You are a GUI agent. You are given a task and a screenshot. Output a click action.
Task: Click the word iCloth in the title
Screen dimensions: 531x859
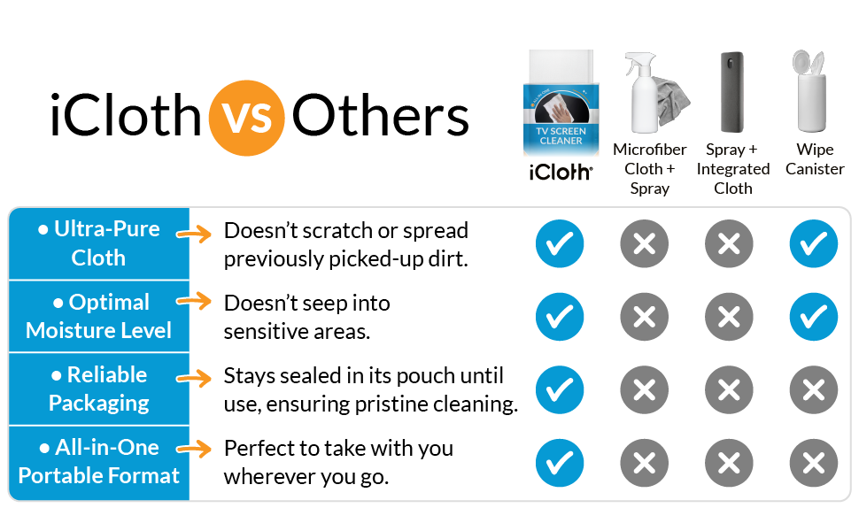[x=126, y=117]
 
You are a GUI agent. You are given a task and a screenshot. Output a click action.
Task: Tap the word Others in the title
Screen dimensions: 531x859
[x=381, y=117]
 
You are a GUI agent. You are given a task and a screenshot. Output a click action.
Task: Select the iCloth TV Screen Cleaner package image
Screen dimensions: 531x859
[x=560, y=102]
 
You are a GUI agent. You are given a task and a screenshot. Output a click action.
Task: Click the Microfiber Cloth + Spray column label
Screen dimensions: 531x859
[x=649, y=169]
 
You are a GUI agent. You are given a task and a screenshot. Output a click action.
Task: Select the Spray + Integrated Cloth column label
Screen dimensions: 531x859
[x=732, y=169]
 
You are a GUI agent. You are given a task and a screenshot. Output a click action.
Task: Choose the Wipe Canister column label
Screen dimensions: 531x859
[x=814, y=159]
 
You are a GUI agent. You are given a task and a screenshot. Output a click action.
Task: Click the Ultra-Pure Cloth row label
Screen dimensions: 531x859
[x=98, y=243]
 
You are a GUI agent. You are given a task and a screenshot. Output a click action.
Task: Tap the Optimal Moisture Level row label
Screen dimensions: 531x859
[x=98, y=316]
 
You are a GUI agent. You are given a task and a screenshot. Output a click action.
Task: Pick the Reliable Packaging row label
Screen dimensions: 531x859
[x=98, y=389]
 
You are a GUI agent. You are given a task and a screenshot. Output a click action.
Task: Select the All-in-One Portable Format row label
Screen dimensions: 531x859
[x=98, y=461]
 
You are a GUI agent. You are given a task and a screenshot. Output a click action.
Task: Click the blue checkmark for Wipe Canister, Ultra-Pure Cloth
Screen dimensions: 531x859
[x=813, y=243]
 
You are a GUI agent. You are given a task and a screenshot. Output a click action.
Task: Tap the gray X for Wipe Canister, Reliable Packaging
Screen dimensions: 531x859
[x=813, y=389]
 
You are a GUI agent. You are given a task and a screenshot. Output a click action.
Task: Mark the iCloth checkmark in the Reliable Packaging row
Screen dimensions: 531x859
[x=560, y=389]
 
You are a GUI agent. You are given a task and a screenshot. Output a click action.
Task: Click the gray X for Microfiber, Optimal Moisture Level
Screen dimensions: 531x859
[x=645, y=316]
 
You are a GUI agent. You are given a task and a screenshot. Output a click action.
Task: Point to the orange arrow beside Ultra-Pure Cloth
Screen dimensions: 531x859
[x=194, y=235]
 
